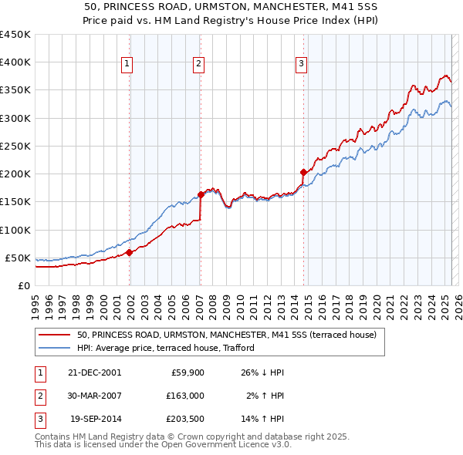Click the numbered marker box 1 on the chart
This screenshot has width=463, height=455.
coord(127,65)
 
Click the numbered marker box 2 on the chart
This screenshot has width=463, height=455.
coord(198,65)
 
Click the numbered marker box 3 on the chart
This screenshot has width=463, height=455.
coord(301,65)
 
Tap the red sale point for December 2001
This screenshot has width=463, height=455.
coord(130,251)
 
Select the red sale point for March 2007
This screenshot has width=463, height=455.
coord(201,194)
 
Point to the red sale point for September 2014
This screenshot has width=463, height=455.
coord(303,172)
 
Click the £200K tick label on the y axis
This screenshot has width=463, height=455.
coord(15,174)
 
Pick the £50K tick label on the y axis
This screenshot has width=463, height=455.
coord(18,258)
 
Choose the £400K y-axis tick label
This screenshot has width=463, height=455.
coord(15,62)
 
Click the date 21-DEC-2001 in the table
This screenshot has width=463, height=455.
coord(94,372)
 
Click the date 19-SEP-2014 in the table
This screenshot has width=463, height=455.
coord(94,420)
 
